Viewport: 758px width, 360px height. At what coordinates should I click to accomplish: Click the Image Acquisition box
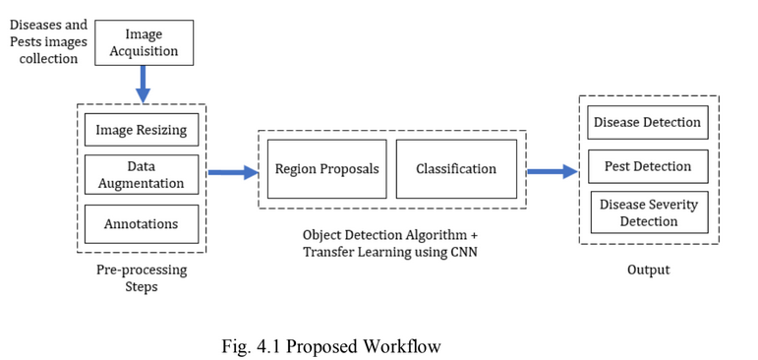pos(144,42)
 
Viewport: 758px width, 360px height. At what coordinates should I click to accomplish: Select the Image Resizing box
pos(142,130)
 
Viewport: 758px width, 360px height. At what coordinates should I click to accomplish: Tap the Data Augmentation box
pos(142,175)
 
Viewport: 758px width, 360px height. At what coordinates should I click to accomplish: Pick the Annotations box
pos(142,223)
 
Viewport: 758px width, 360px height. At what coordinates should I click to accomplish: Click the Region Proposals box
pos(326,168)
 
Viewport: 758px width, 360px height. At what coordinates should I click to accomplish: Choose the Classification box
pos(456,168)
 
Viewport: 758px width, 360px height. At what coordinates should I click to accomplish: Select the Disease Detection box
pos(648,122)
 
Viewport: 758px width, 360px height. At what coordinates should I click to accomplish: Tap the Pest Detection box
pos(648,166)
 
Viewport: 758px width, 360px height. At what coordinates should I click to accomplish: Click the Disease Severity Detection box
pos(648,212)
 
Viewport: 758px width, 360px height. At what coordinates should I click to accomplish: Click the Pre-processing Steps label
pos(142,278)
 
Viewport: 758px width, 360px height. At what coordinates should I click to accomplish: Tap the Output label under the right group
pos(648,270)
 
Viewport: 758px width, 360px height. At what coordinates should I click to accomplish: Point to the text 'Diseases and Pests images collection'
pos(46,41)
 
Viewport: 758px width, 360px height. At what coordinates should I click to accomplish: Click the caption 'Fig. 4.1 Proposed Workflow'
pos(333,345)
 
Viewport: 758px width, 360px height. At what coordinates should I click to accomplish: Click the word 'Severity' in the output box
pos(672,205)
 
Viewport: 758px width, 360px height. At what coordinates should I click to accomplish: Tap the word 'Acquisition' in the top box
pos(144,51)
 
